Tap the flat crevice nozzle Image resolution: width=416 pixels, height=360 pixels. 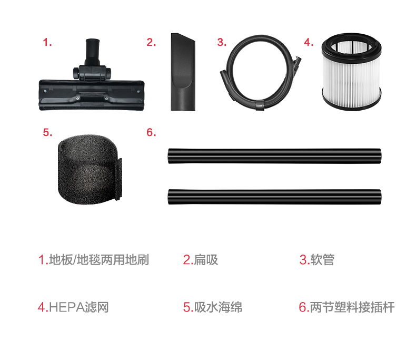coord(183,72)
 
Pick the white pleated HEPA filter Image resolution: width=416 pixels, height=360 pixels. coord(351,72)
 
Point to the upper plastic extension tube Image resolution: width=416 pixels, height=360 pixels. coord(274,156)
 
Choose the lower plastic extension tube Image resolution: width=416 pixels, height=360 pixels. coord(274,197)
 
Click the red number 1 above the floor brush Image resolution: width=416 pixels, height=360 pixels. coord(47,43)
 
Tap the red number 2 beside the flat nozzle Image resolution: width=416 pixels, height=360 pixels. coord(151,43)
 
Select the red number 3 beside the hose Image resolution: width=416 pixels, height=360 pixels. coord(222,43)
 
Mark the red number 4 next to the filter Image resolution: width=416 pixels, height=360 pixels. coord(309,43)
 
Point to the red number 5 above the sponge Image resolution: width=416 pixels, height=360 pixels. coord(47,132)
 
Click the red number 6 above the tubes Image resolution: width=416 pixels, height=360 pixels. coord(151,132)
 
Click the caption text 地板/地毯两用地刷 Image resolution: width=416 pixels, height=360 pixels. coord(98,260)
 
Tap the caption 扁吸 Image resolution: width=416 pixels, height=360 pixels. coord(206,260)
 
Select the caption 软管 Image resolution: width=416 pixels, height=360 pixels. coord(322,260)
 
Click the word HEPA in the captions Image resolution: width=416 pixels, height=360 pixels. coord(66,307)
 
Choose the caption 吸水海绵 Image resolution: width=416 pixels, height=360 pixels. coord(218,307)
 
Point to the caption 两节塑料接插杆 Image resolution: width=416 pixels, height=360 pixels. coord(352,307)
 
